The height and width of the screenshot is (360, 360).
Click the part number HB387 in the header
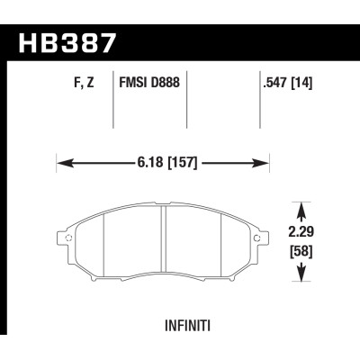(68, 41)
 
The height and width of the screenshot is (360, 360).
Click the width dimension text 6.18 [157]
(164, 164)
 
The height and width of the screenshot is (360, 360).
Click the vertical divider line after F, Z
(112, 106)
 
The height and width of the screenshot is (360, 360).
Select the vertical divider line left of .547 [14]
(259, 106)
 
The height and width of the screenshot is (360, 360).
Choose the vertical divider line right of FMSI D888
(186, 106)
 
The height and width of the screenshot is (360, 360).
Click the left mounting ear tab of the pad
(67, 238)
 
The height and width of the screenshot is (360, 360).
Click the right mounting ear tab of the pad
(260, 238)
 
